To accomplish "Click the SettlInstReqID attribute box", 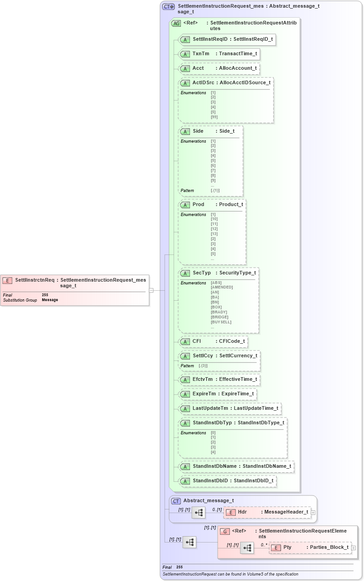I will pos(227,39).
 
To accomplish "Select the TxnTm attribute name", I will pos(201,54).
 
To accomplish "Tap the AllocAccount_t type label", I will pos(238,68).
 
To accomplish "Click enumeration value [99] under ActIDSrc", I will pos(214,117).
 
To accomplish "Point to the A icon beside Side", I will pos(185,131).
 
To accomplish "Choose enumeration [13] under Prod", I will pos(214,234).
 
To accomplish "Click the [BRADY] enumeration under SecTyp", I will pos(219,312).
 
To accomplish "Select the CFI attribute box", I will pos(213,341).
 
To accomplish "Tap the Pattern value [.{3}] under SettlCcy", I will pos(203,365).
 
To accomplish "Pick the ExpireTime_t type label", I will pos(238,394).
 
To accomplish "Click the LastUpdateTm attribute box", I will pos(230,408).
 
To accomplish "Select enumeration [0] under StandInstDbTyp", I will pos(213,433).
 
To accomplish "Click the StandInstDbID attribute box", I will pos(228,480).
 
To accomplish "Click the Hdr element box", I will pos(267,512).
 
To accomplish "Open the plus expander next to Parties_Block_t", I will pos(354,547).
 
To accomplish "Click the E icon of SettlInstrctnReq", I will pos(7,280).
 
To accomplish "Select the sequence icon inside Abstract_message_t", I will pos(199,513).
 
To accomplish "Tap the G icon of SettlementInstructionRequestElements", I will pos(224,531).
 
